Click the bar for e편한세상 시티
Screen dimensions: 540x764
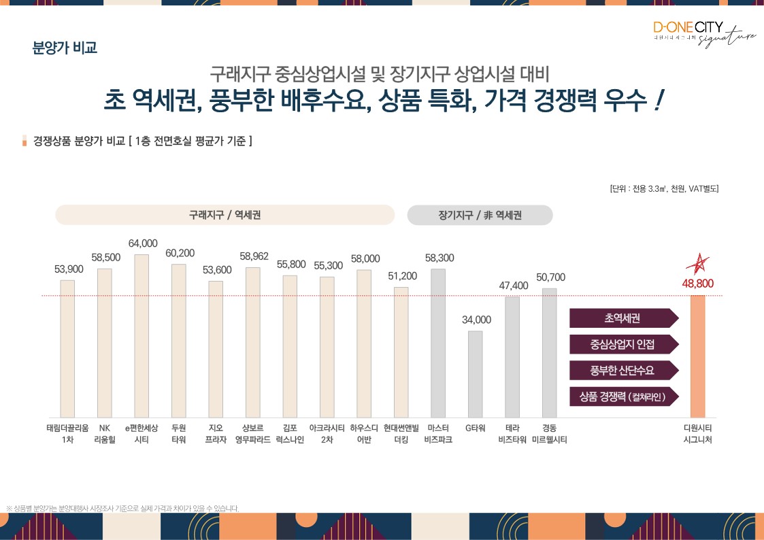point(142,336)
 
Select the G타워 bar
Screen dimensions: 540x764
point(475,374)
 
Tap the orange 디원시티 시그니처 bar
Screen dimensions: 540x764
point(697,356)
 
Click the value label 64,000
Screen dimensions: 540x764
point(143,243)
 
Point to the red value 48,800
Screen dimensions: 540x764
point(698,284)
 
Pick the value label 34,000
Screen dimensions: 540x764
point(476,320)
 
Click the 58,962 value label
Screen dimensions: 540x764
point(254,256)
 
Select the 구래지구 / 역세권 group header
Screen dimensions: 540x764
point(225,215)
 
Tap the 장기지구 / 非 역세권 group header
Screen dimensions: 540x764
point(480,215)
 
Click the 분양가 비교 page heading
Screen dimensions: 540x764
point(65,48)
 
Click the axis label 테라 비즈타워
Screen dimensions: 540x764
point(512,434)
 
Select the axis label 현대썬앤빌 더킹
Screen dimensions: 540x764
point(401,434)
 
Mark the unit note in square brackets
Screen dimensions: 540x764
point(664,188)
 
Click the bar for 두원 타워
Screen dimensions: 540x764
point(179,341)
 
